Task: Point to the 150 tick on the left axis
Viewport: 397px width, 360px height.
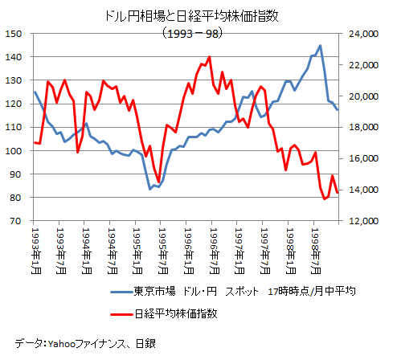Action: pos(14,34)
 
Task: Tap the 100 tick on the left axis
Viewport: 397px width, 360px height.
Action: pos(14,151)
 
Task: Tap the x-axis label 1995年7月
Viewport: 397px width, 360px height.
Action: pos(162,249)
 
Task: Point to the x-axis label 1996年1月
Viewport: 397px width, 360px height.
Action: pos(188,249)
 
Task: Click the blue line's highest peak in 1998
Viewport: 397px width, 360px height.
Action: pos(321,46)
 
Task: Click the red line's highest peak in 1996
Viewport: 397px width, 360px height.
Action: pos(210,57)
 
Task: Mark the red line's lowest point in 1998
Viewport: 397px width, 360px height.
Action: pos(324,198)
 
